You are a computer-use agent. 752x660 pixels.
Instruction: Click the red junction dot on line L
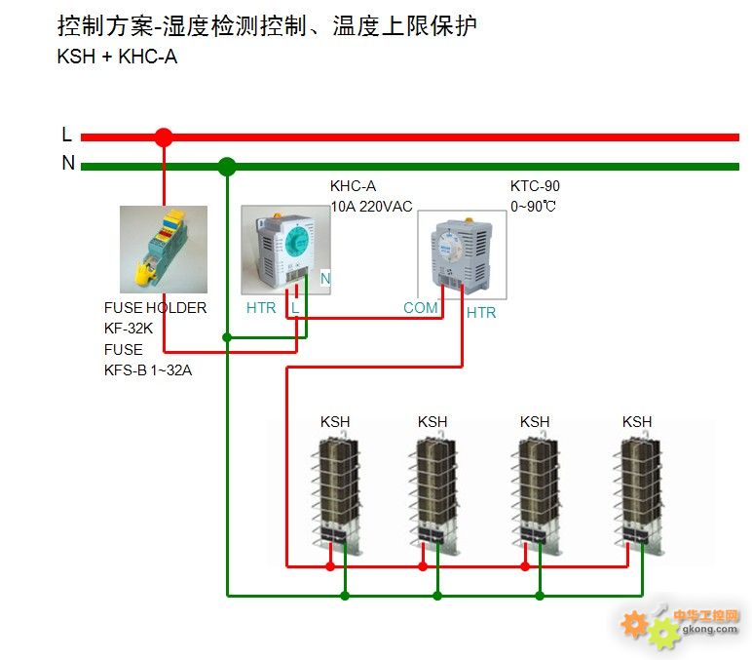pos(164,137)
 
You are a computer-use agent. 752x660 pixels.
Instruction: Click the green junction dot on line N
pos(227,166)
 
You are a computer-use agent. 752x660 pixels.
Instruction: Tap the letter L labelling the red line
pos(66,136)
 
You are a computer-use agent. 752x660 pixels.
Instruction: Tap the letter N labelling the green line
pos(68,164)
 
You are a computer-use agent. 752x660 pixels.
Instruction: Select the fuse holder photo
pos(163,249)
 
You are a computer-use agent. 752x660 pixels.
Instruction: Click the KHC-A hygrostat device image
pos(285,249)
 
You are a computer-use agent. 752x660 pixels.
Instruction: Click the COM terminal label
pos(421,308)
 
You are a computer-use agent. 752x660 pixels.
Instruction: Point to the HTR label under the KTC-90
pos(481,313)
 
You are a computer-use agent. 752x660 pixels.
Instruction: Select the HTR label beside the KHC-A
pos(261,308)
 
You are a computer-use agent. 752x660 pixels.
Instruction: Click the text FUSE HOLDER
pos(155,308)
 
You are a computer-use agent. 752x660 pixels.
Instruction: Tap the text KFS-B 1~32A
pos(148,370)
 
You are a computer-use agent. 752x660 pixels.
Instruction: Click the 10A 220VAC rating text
pos(371,206)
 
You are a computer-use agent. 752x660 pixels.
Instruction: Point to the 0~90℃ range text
pos(534,206)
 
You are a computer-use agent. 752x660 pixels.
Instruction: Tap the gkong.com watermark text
pos(712,629)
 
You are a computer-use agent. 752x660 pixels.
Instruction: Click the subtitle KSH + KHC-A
pos(117,57)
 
